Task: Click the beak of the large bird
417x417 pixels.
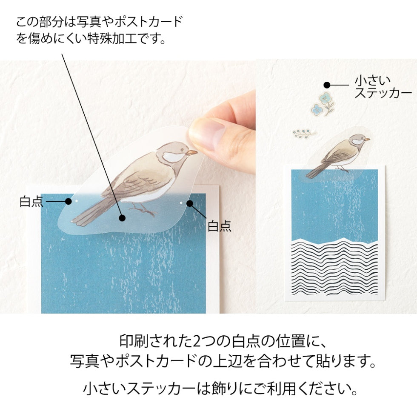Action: click(192, 151)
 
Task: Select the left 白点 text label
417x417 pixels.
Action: click(31, 201)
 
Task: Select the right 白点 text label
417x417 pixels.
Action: click(219, 226)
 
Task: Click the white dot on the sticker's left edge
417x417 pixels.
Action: click(77, 200)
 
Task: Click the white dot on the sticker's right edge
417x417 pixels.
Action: click(181, 203)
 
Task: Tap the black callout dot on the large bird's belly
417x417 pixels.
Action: click(122, 218)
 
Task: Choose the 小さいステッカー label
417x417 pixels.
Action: click(383, 87)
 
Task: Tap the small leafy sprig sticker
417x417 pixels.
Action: click(305, 134)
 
